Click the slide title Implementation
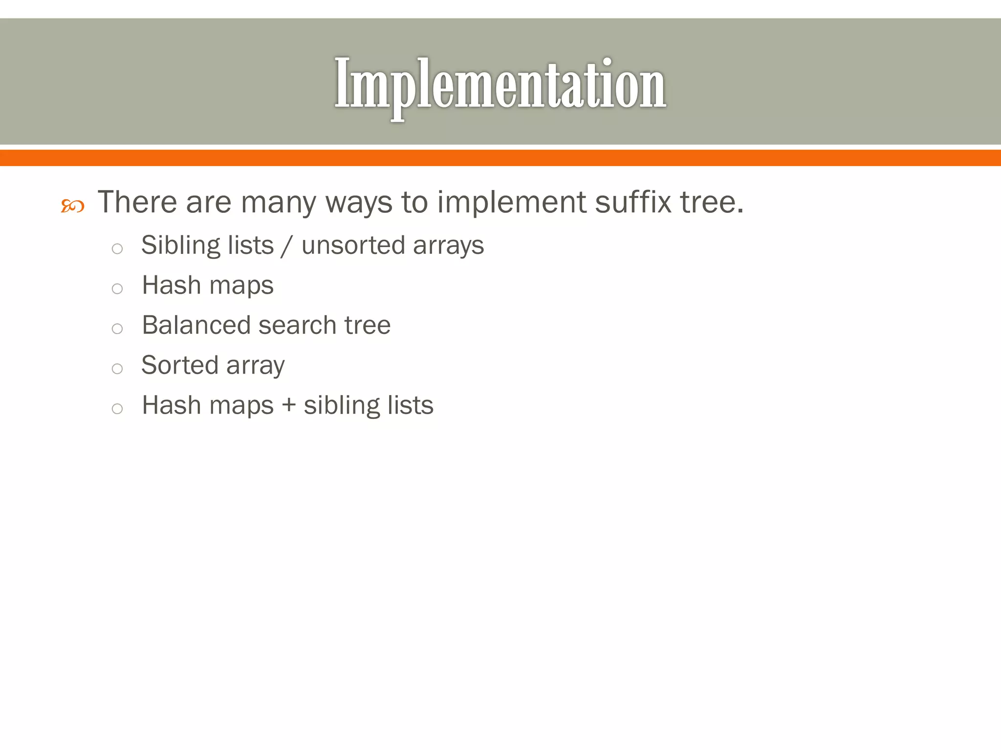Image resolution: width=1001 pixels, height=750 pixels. click(500, 84)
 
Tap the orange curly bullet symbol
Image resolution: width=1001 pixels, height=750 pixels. click(72, 206)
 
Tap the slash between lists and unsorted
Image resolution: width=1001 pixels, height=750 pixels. click(287, 246)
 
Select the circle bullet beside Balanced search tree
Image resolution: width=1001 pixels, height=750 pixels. click(117, 329)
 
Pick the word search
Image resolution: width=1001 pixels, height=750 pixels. click(297, 325)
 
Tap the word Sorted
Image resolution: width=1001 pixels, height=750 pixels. click(179, 365)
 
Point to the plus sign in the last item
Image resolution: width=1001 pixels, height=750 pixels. click(289, 406)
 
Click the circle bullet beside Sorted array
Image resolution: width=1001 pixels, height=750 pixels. click(117, 369)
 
